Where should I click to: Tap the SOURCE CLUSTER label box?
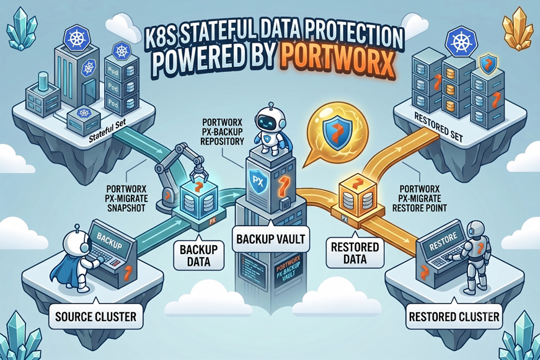point(95,316)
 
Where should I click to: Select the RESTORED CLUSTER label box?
point(454,316)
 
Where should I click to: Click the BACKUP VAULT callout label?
point(271,239)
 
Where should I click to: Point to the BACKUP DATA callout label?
point(198,255)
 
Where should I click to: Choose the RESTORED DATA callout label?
point(355,253)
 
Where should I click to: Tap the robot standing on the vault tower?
point(271,130)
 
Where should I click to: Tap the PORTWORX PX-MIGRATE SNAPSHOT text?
point(126,198)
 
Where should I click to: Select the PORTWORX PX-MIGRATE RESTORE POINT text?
point(420,198)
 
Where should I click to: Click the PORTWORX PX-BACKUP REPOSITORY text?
point(222,132)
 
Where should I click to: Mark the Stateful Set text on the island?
point(107,131)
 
